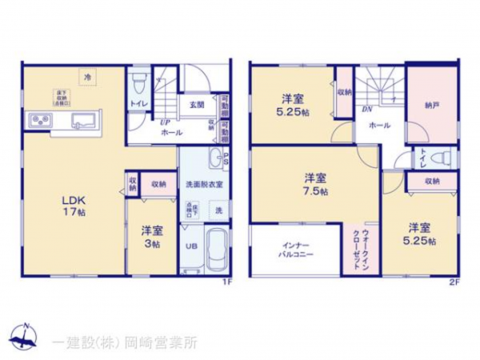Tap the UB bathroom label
pos(191,246)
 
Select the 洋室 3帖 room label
pos(152,238)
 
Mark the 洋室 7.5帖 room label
pos(314,183)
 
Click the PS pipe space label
pos(226,160)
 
